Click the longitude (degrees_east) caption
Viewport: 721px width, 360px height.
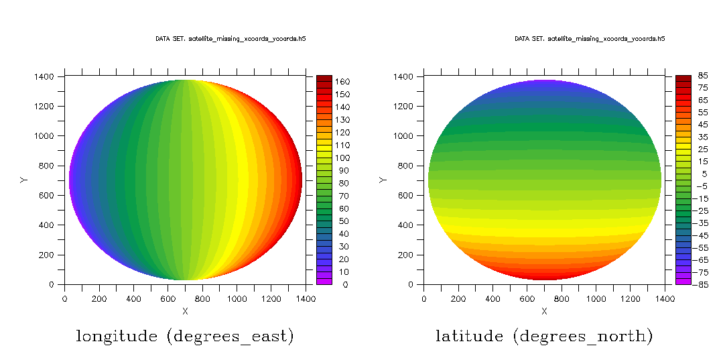185,336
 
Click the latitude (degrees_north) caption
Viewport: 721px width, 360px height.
544,336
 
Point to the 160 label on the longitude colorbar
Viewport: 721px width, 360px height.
342,82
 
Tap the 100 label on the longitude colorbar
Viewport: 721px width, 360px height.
342,158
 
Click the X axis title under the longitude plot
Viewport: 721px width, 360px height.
185,311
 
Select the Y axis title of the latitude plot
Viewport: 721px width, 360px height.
383,180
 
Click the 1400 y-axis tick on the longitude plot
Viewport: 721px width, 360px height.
44,76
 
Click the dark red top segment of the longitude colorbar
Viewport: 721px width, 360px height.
324,78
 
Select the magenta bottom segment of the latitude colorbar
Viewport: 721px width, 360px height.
683,281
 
